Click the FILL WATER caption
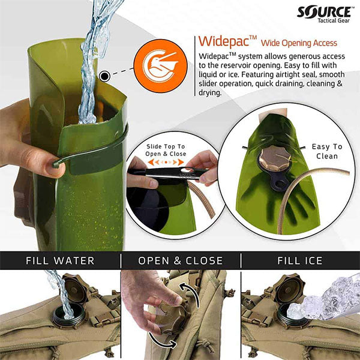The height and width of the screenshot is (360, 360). [59, 261]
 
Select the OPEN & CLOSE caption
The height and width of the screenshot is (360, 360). [181, 261]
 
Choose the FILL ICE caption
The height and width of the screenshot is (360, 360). [300, 261]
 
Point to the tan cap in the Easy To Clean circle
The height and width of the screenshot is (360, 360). [275, 159]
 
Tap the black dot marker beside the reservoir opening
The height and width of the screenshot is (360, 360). [105, 76]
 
